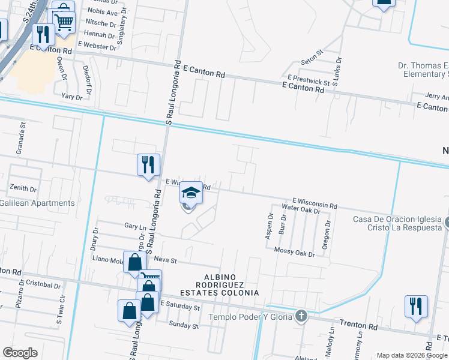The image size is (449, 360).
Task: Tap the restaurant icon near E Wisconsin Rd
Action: click(x=148, y=164)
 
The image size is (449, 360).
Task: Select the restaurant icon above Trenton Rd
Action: click(x=415, y=305)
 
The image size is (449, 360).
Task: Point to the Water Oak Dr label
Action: click(x=301, y=209)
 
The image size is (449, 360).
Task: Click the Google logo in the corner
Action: click(x=20, y=353)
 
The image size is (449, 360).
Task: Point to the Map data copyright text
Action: click(x=412, y=355)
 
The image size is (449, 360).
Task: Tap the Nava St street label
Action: click(x=165, y=260)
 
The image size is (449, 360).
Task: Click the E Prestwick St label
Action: click(x=309, y=79)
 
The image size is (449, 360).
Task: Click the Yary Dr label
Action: click(x=71, y=96)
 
